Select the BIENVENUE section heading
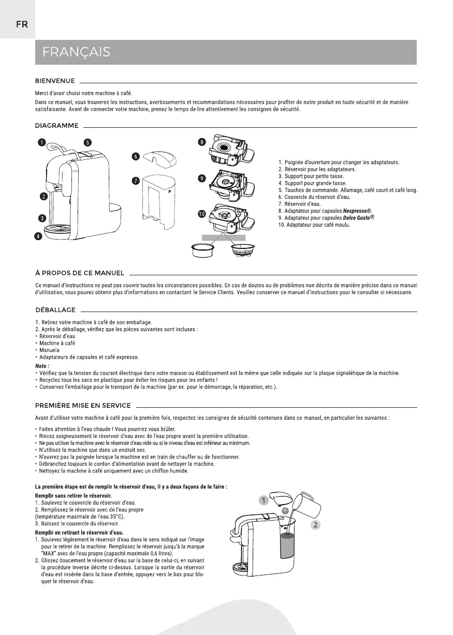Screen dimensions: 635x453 pyautogui.click(x=55, y=81)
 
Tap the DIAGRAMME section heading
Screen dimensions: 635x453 pyautogui.click(x=56, y=125)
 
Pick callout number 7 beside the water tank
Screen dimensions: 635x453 pyautogui.click(x=136, y=181)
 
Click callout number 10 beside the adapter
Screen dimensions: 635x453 pyautogui.click(x=201, y=213)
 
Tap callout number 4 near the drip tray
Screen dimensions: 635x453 pyautogui.click(x=38, y=237)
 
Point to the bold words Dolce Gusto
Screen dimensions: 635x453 pyautogui.click(x=358, y=218)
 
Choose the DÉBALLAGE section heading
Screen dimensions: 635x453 pyautogui.click(x=55, y=310)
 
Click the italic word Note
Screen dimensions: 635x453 pyautogui.click(x=42, y=366)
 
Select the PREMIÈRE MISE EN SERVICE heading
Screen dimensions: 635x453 pyautogui.click(x=82, y=405)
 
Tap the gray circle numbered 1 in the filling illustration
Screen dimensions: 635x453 pyautogui.click(x=264, y=500)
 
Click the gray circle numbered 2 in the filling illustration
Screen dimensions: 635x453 pyautogui.click(x=316, y=525)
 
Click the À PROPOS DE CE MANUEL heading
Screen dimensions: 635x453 pyautogui.click(x=79, y=273)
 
